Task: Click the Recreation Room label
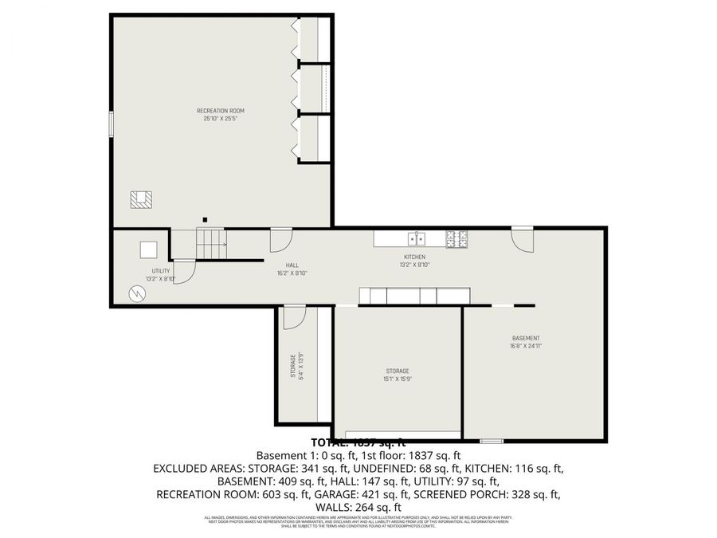(x=221, y=110)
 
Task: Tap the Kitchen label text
(x=414, y=257)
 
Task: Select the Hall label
(x=292, y=265)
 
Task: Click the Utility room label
(x=161, y=271)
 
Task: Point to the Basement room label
(x=526, y=338)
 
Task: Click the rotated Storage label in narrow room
(x=293, y=366)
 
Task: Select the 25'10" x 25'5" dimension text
(x=221, y=119)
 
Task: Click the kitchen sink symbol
(x=417, y=238)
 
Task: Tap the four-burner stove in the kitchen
(x=457, y=238)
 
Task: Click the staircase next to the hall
(x=212, y=243)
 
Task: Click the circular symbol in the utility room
(x=138, y=294)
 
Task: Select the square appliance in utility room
(x=149, y=249)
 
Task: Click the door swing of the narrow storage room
(x=293, y=316)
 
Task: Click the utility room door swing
(x=183, y=273)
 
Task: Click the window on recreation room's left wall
(x=111, y=125)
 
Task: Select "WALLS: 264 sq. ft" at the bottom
(x=358, y=507)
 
